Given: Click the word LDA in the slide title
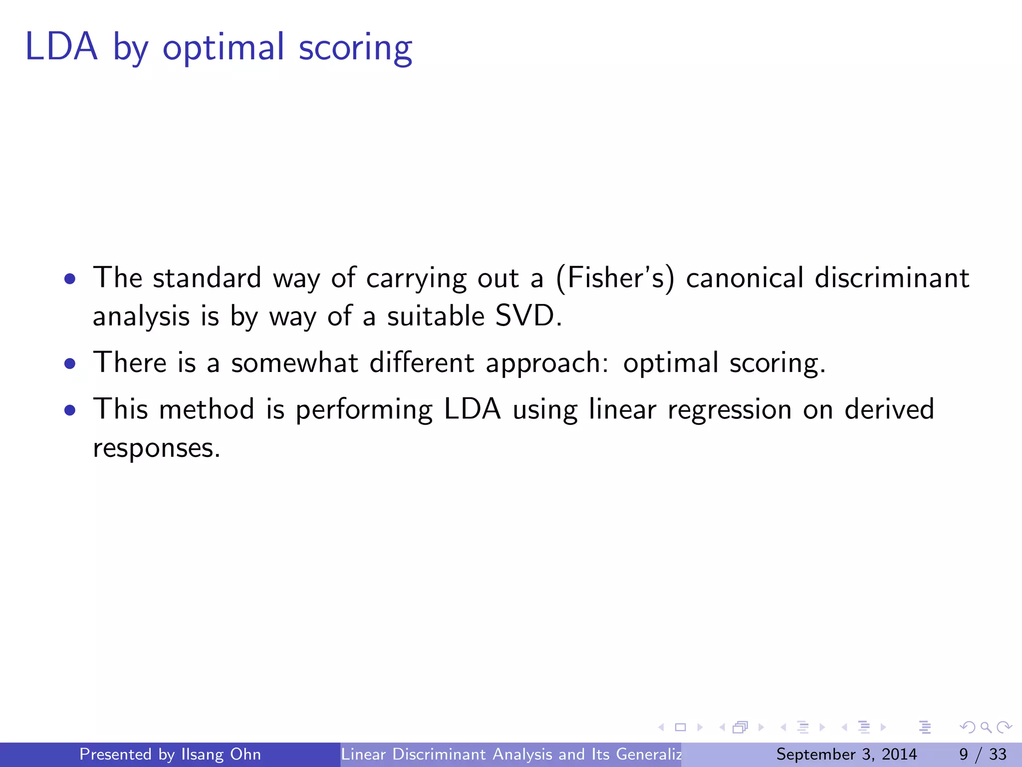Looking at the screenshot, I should point(61,47).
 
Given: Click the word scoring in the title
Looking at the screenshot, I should point(355,49).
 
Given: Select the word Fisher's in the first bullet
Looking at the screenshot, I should point(615,278).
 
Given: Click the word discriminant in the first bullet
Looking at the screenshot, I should point(892,278).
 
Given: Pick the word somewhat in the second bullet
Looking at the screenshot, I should point(294,363).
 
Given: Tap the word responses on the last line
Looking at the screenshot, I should point(156,448).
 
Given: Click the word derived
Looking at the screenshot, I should point(889,409).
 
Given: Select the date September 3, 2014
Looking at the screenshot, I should point(846,754).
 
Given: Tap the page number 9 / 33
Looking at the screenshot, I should point(983,754).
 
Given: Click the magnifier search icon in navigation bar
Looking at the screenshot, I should point(986,728).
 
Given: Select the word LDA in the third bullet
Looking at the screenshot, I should point(472,409).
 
